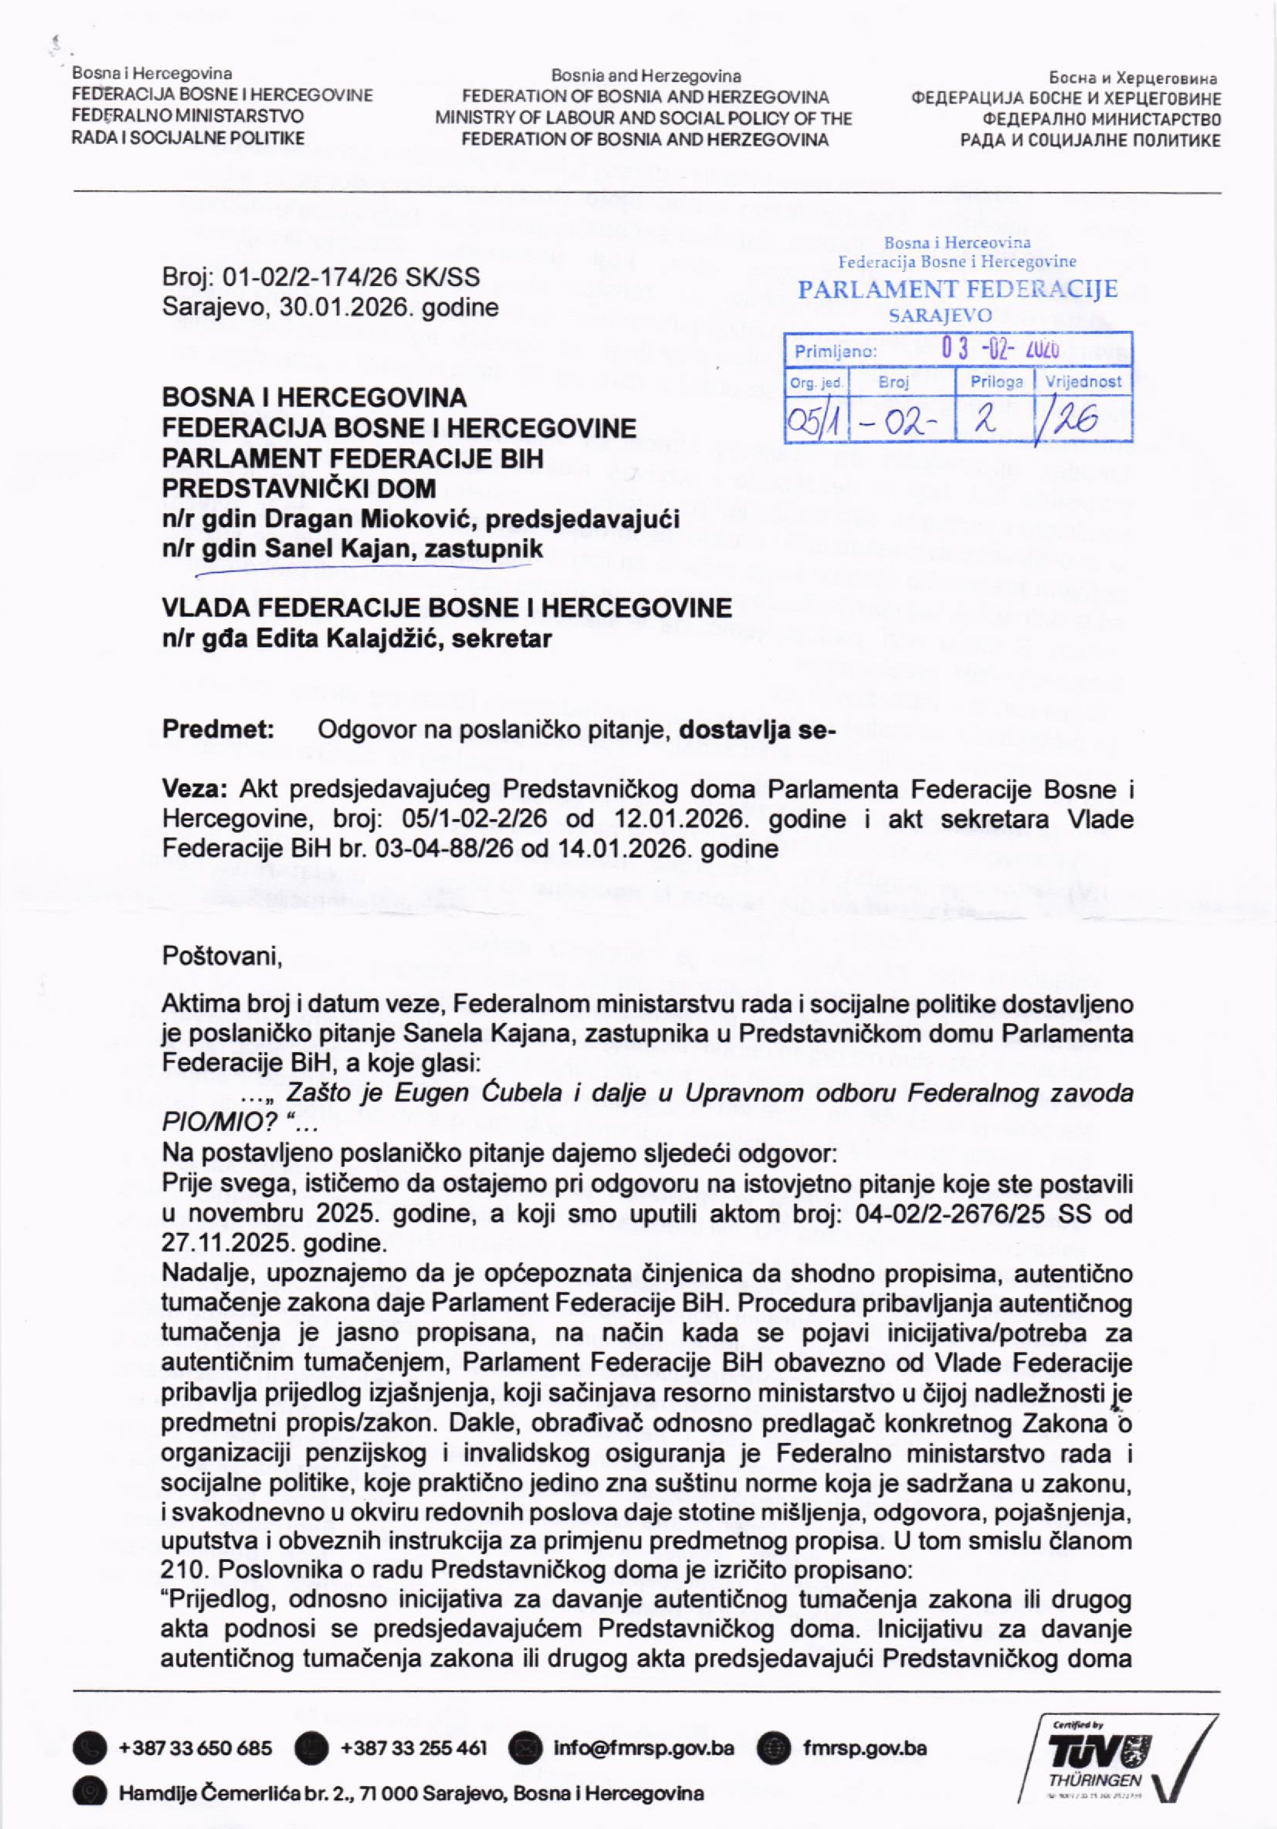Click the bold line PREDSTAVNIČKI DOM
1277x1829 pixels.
[300, 488]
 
